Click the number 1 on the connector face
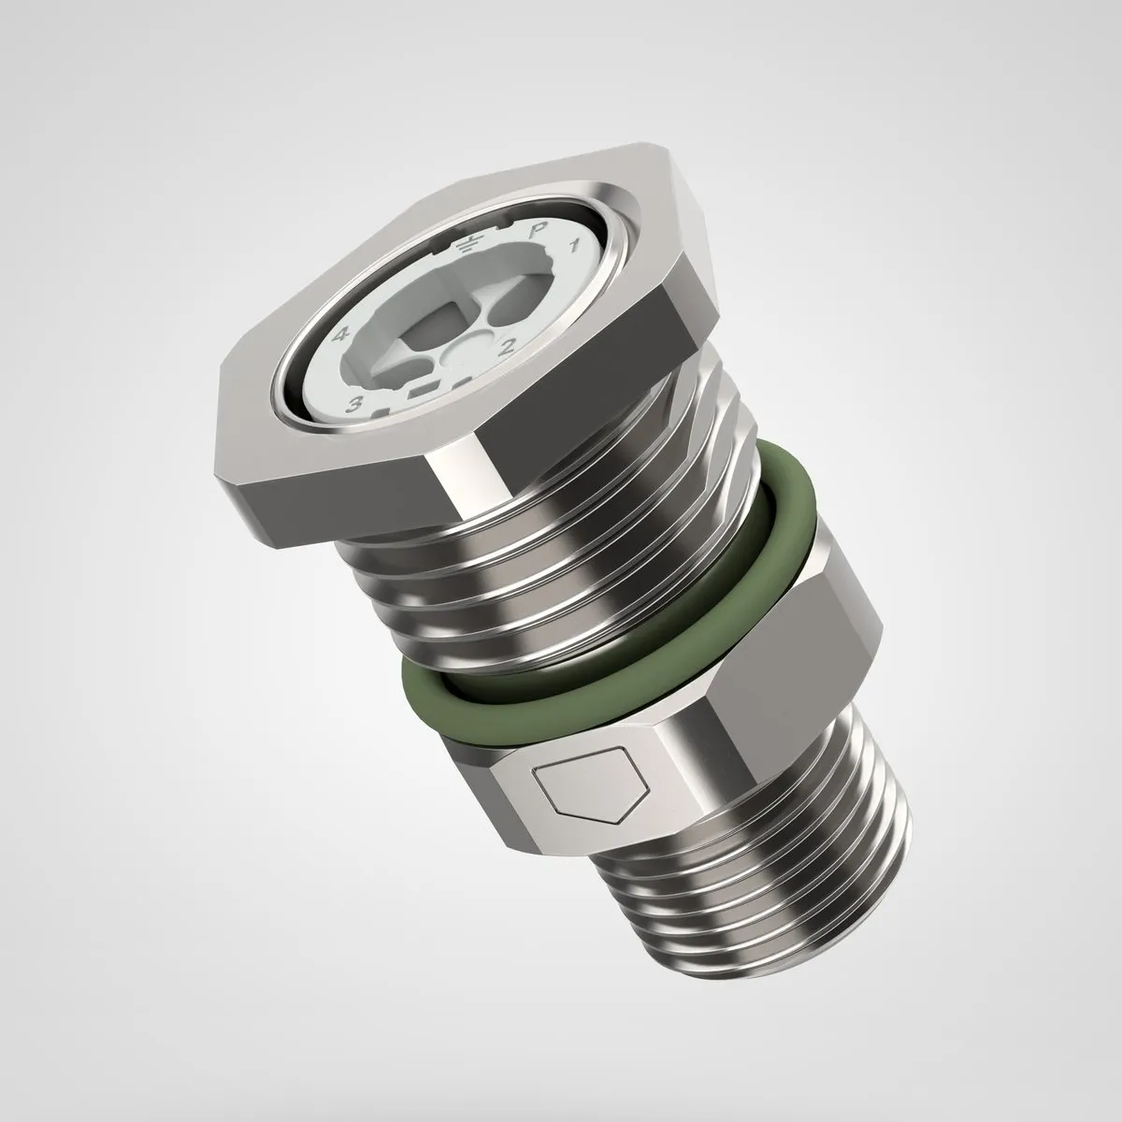click(x=573, y=246)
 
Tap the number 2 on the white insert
click(x=506, y=347)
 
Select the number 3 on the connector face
click(x=354, y=403)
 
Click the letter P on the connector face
click(x=534, y=233)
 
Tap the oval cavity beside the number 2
click(x=511, y=314)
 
